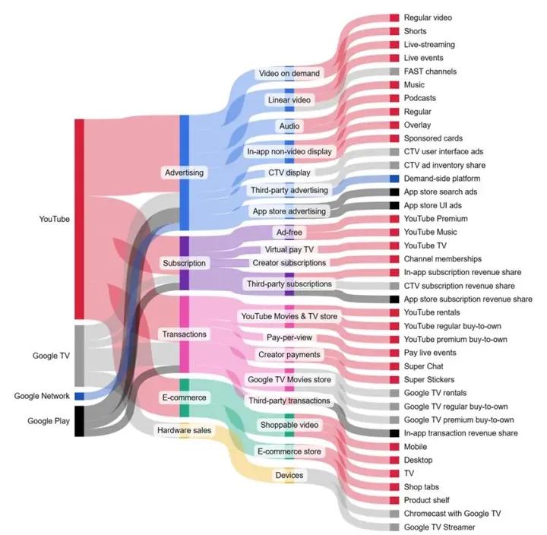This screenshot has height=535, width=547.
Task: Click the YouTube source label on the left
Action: click(54, 219)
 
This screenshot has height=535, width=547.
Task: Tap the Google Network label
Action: click(43, 396)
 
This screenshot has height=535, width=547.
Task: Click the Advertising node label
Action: click(184, 173)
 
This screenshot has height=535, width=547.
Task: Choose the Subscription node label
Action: click(184, 263)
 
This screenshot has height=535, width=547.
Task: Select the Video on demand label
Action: click(289, 74)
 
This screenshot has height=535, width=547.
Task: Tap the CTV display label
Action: click(289, 173)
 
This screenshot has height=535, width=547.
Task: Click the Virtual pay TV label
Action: click(289, 249)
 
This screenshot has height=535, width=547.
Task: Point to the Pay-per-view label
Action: click(289, 337)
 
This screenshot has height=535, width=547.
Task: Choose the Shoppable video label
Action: click(289, 424)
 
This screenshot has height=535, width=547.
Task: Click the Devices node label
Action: click(289, 476)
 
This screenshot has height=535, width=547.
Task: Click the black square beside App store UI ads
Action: click(394, 205)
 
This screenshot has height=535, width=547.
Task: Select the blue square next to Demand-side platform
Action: click(394, 179)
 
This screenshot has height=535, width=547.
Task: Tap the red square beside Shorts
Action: click(394, 31)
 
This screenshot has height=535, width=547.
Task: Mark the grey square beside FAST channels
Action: click(394, 71)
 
